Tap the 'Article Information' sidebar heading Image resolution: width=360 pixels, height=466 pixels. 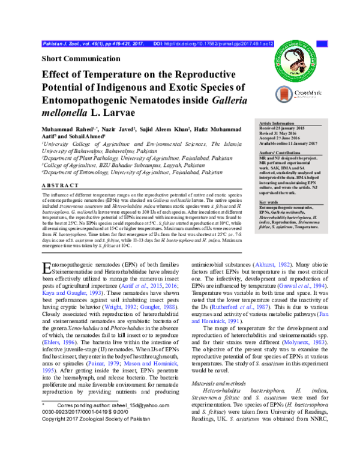(275, 123)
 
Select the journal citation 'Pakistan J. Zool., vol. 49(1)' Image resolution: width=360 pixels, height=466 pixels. (78, 44)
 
